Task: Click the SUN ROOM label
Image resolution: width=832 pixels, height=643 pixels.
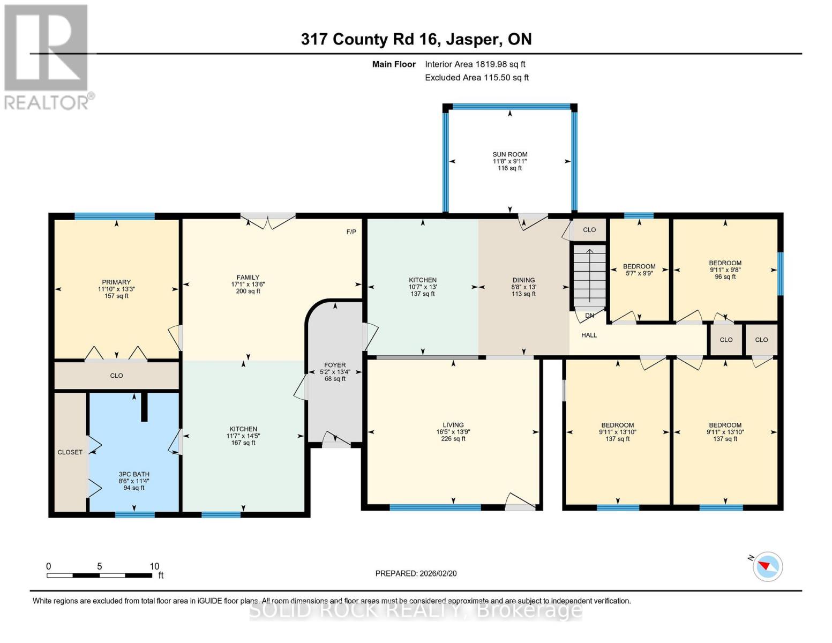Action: pos(509,154)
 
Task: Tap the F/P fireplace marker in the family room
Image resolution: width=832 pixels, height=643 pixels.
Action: pos(351,232)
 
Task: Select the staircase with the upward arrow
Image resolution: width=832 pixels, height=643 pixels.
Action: pos(589,275)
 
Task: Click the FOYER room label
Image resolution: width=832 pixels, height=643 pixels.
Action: pos(335,365)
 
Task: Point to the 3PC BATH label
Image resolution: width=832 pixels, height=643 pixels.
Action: pos(134,474)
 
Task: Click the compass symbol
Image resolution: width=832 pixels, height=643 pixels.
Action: pos(767,566)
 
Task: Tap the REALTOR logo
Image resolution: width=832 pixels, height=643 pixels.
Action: pos(47,57)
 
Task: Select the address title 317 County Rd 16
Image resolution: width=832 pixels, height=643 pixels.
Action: pos(416,39)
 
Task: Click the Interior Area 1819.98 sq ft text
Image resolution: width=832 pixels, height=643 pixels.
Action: pos(475,64)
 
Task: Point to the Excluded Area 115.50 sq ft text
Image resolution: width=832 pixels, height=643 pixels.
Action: pos(476,78)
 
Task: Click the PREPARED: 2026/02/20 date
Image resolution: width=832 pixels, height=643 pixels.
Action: pos(416,573)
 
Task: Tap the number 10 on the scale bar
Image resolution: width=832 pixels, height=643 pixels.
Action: pos(154,566)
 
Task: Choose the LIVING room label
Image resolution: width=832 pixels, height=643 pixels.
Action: pos(453,425)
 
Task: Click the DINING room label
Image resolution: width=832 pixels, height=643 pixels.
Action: pos(523,280)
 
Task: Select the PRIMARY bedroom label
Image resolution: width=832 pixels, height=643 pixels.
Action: pos(116,282)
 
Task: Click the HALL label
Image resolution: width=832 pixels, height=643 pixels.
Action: pos(589,335)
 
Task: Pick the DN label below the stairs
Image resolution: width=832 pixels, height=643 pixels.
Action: pos(589,316)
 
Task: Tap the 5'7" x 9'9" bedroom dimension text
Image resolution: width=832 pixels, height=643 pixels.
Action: pos(639,273)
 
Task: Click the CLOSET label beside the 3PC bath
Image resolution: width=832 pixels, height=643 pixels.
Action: pos(70,452)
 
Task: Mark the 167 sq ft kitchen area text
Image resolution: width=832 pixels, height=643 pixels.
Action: pos(243,443)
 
